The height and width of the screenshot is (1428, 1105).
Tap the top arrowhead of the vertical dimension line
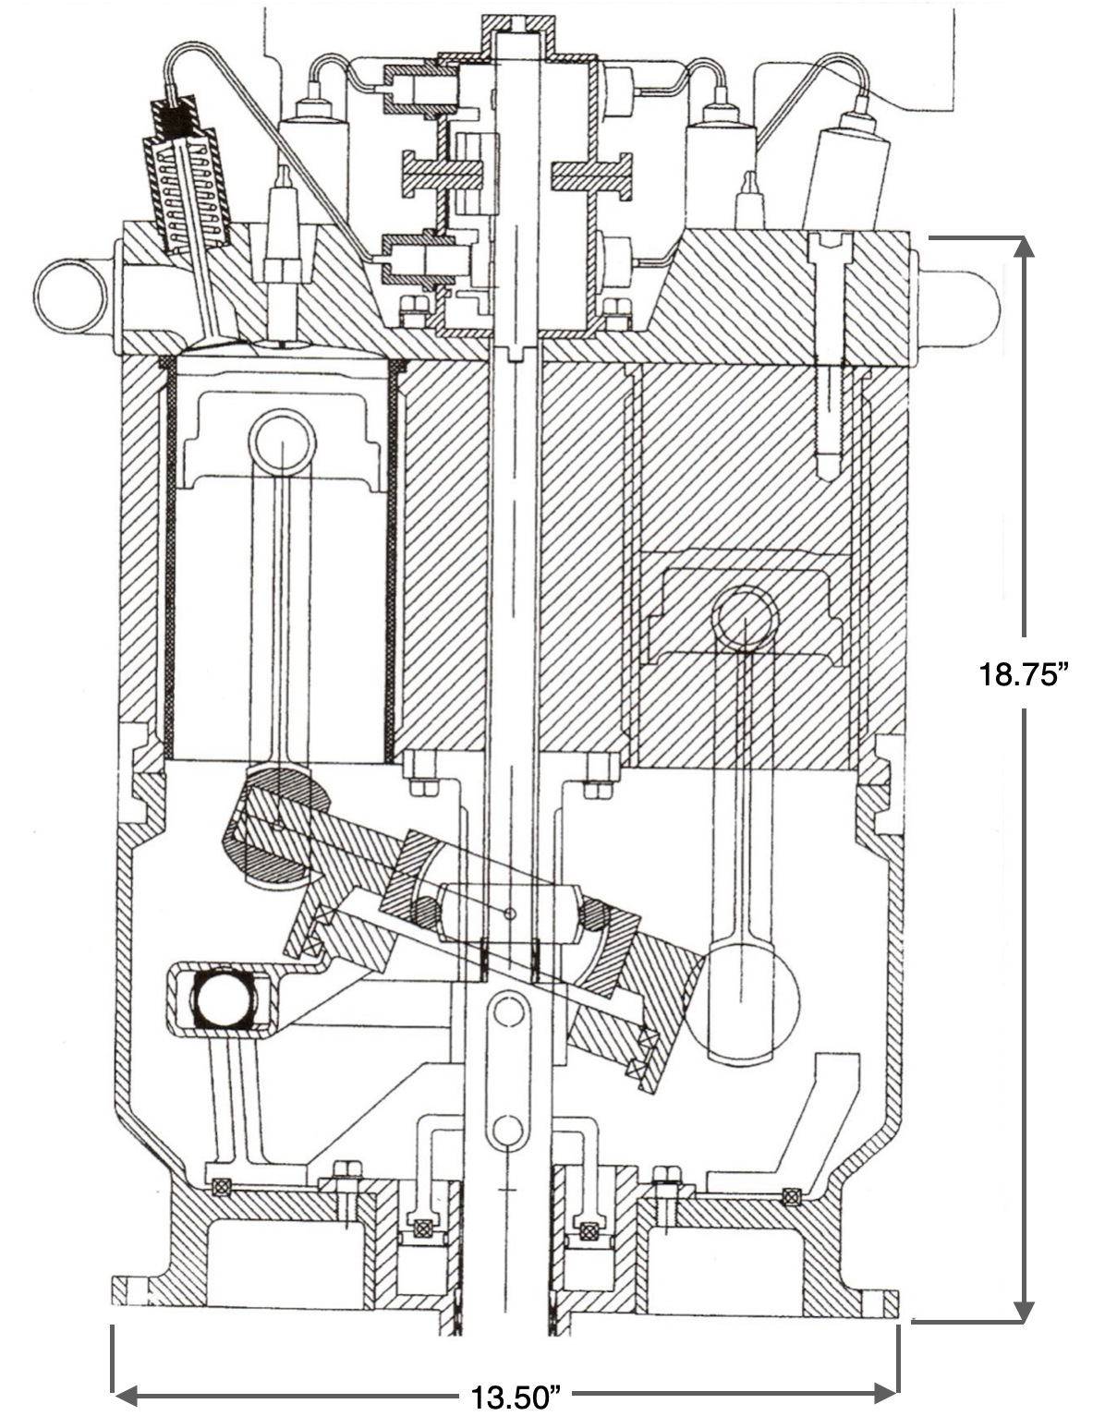tap(1023, 248)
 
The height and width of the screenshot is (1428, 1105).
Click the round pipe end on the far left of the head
tap(69, 298)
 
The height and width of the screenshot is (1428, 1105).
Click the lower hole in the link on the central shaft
tap(506, 1130)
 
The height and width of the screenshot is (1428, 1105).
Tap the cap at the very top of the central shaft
tap(516, 37)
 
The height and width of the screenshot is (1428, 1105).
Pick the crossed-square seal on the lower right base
tap(790, 1195)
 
